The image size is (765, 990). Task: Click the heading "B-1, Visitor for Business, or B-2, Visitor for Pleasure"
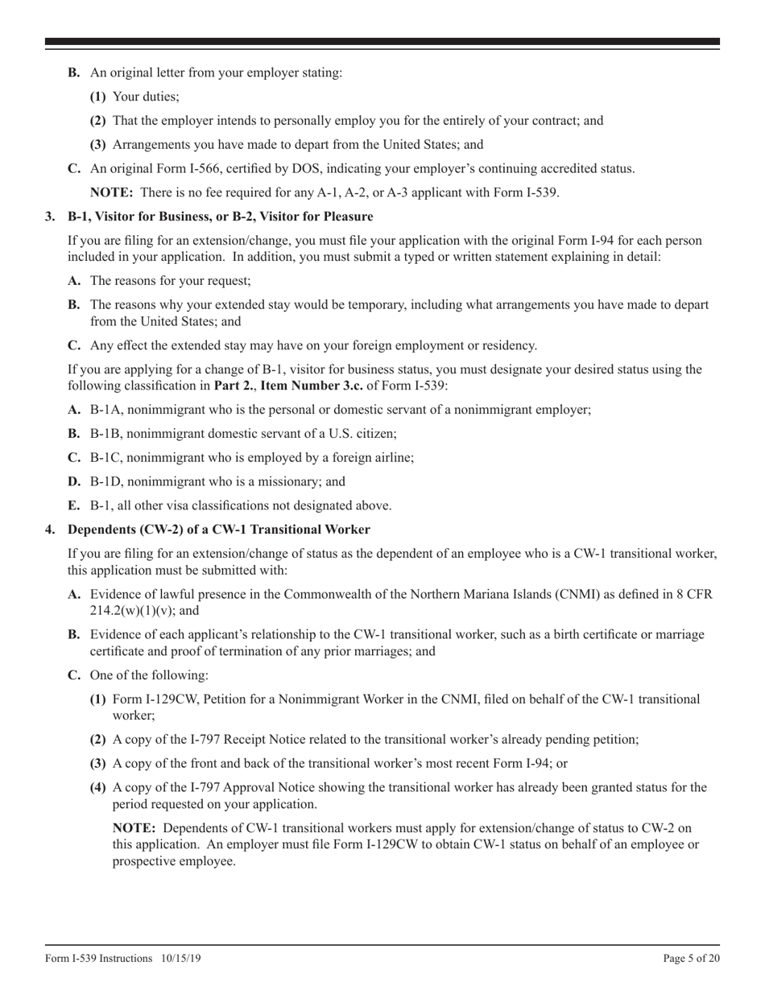tap(220, 217)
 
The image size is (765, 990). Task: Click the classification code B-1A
tap(105, 410)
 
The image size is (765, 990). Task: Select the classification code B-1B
tap(105, 434)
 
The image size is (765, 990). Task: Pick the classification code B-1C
tap(105, 458)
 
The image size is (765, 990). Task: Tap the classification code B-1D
tap(105, 482)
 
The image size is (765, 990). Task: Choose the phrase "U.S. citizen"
tap(363, 434)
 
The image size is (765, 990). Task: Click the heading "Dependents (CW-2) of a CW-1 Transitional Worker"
tap(219, 530)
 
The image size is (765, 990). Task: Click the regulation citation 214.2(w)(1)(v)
tap(105, 611)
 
